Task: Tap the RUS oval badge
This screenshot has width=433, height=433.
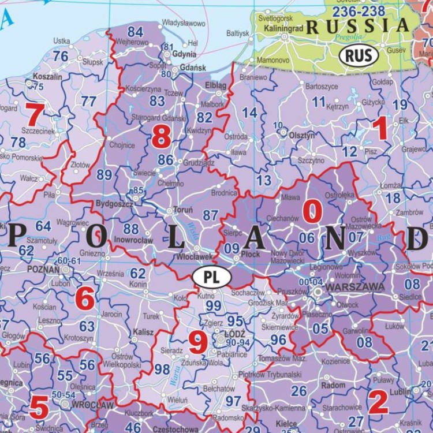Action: point(359,55)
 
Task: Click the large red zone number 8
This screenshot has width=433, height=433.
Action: point(162,137)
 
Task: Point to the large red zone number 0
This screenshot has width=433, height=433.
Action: point(312,212)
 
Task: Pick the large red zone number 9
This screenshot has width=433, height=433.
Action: point(198,344)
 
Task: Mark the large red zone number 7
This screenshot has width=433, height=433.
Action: point(33,114)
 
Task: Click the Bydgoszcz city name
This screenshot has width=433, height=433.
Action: point(114,204)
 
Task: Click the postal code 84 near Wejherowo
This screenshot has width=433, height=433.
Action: point(135,31)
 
